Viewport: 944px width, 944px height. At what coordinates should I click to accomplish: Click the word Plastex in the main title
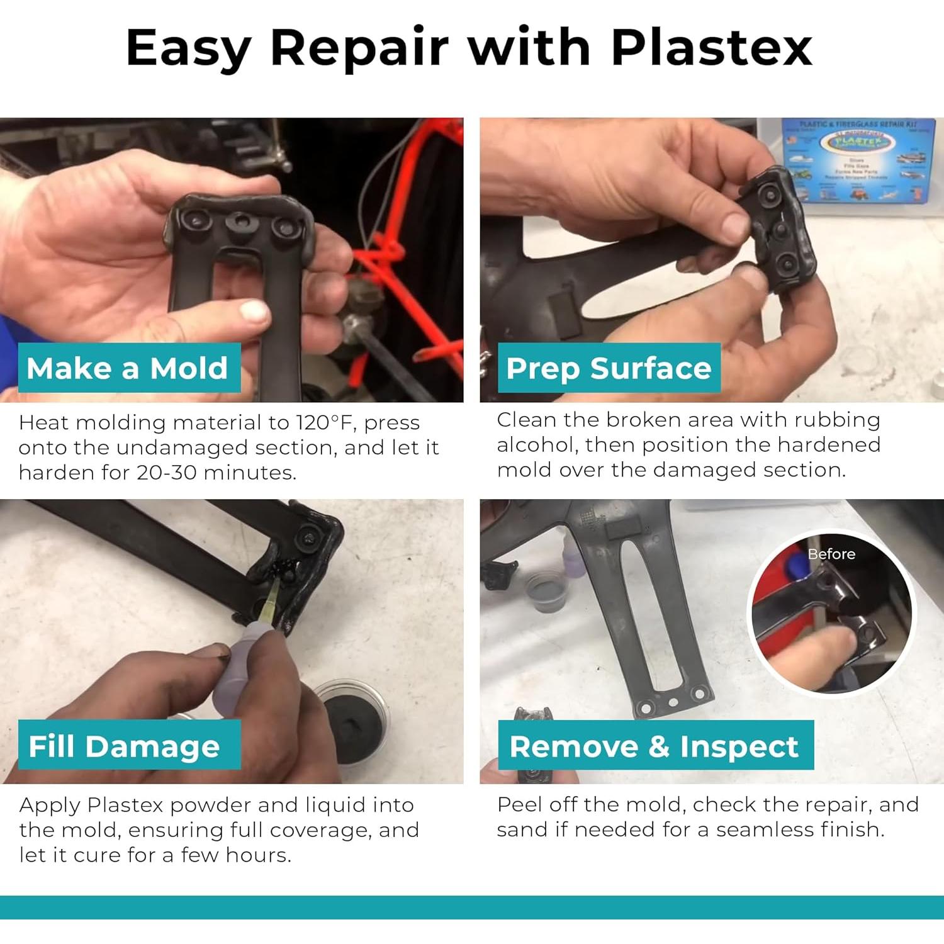[711, 47]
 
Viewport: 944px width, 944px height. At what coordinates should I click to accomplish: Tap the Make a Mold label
[128, 368]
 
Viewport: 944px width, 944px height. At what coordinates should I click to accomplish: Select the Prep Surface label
[609, 368]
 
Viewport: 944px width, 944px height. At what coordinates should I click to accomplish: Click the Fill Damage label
[124, 746]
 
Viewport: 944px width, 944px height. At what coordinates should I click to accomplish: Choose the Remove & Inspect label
[655, 746]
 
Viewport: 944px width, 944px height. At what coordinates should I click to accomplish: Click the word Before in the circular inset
[831, 554]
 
